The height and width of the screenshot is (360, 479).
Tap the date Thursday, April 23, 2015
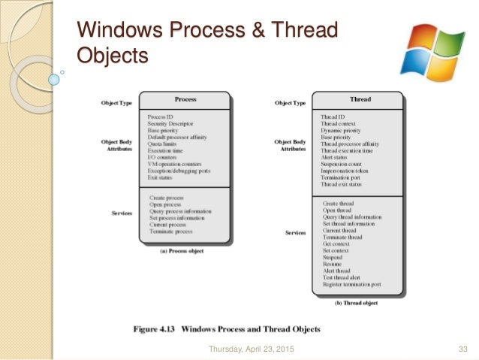[x=251, y=348]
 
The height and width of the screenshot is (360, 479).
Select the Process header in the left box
[x=185, y=99]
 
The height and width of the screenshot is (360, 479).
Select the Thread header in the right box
[x=360, y=99]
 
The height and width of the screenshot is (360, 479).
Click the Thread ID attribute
[x=333, y=117]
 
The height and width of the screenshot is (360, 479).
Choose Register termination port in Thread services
[x=353, y=285]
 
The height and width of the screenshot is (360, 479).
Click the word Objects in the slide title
[x=112, y=56]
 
